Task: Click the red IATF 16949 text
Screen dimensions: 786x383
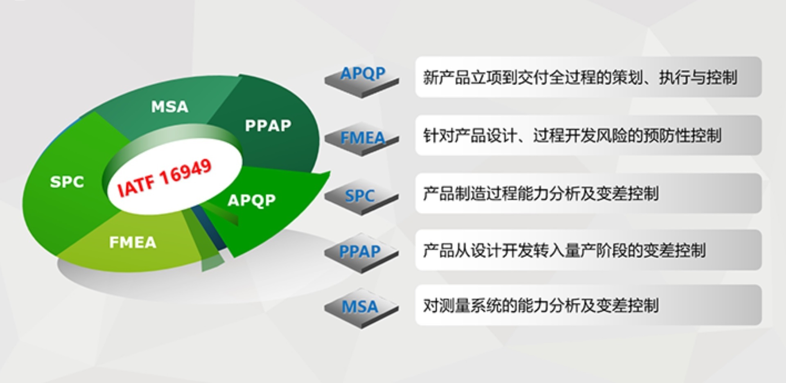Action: coord(165,177)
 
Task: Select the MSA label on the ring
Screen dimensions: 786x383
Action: coord(169,107)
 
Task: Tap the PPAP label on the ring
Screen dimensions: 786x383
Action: coord(268,126)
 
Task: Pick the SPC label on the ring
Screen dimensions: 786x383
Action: coord(67,182)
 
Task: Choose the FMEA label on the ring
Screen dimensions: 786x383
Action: coord(133,242)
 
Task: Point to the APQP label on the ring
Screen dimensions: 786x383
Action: coord(251,200)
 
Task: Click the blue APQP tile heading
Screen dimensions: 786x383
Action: coord(363,74)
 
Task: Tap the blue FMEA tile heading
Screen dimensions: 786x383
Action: coord(363,138)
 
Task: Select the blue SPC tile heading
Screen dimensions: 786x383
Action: coord(359,196)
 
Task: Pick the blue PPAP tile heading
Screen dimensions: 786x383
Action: coord(360,251)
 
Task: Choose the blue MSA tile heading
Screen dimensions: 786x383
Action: coord(360,306)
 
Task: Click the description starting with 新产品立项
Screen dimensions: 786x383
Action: coord(580,77)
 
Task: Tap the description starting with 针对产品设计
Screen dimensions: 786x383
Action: coord(572,135)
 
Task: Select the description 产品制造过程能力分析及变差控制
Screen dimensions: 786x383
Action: coord(541,194)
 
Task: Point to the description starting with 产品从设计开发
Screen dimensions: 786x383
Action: coord(565,250)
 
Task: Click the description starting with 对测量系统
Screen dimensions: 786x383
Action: coord(541,305)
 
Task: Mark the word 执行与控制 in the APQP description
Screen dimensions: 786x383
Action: coord(698,77)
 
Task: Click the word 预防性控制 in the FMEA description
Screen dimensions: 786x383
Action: coord(682,135)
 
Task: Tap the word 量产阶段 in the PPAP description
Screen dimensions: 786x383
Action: coord(596,250)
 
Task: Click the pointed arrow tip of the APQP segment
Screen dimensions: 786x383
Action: coord(330,172)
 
